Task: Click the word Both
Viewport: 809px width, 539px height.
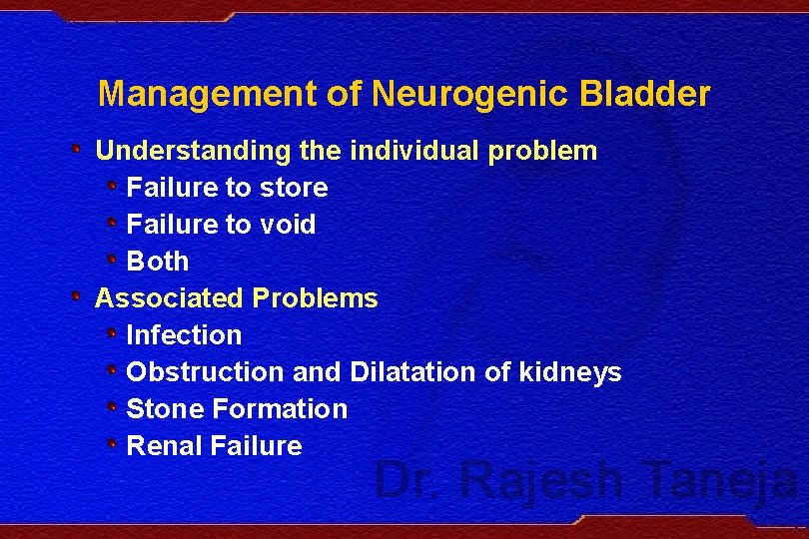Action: click(x=158, y=262)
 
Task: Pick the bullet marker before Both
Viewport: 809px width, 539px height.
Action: click(x=113, y=261)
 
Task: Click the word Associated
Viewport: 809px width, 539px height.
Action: click(x=169, y=298)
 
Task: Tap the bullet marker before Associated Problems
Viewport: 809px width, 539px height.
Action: click(x=78, y=297)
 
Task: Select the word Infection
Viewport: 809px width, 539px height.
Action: click(x=184, y=335)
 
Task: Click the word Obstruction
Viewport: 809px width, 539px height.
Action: click(x=206, y=372)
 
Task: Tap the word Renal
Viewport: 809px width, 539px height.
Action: click(x=165, y=446)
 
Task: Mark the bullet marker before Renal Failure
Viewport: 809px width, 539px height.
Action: click(x=113, y=445)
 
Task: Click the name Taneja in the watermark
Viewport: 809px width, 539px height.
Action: click(x=721, y=479)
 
